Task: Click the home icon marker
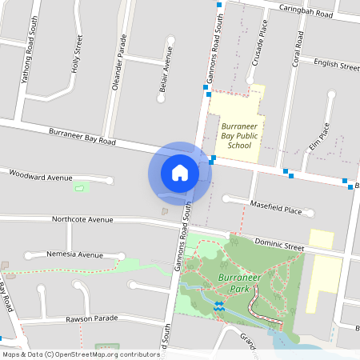[x=180, y=173]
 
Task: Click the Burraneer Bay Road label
[x=82, y=136]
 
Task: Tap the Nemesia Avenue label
[x=74, y=254]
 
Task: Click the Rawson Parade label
[x=91, y=318]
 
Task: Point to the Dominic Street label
[x=279, y=244]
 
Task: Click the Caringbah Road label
[x=306, y=10]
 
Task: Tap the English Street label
[x=336, y=64]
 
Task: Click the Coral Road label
[x=298, y=49]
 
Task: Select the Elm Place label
[x=319, y=137]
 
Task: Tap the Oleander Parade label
[x=121, y=62]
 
